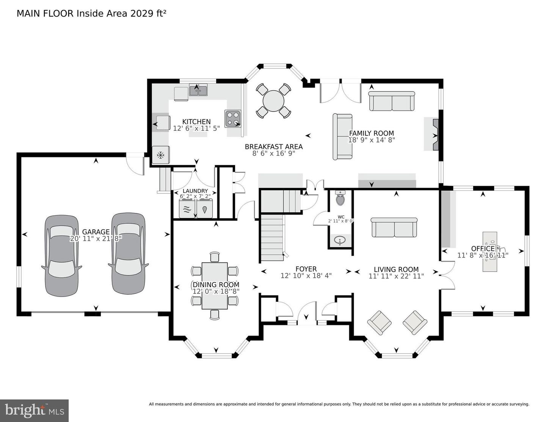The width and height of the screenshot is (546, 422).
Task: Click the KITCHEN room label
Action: click(196, 122)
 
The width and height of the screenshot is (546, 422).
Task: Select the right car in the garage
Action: click(128, 253)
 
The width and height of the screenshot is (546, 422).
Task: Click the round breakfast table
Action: click(273, 101)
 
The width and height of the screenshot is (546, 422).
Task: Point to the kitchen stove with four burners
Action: click(233, 118)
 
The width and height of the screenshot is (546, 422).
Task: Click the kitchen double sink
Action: click(198, 90)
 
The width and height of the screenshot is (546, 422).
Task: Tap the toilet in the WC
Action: click(340, 198)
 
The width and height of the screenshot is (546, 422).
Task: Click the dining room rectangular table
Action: click(215, 286)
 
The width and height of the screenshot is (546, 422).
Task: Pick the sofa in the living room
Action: click(394, 228)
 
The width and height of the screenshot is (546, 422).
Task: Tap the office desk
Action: click(490, 252)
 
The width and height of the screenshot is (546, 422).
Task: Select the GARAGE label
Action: click(96, 232)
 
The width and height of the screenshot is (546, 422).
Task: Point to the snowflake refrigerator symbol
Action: click(160, 155)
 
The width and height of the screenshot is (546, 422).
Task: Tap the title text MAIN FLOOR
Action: click(45, 14)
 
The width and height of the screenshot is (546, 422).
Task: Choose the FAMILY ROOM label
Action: click(371, 133)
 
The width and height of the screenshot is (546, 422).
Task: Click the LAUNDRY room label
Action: click(195, 191)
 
